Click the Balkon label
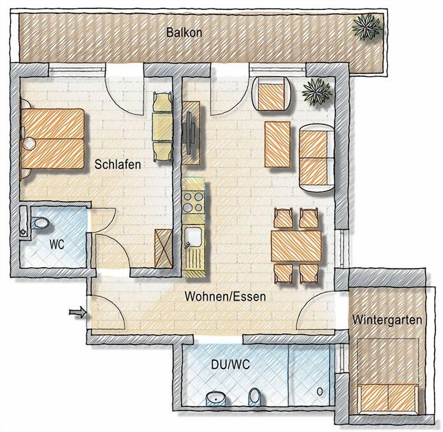pos(184,32)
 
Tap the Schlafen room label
pos(117,164)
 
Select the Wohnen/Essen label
pos(225,297)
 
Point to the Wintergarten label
pos(387,320)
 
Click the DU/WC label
pos(230,365)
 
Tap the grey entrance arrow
pos(78,312)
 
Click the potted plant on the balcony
pos(366,27)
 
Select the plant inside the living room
pos(317,93)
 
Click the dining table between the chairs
pos(296,246)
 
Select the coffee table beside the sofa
pos(277,144)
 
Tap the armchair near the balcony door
pos(272,93)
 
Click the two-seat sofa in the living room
pos(317,158)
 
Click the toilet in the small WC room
pos(41,223)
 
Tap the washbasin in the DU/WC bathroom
pos(217,399)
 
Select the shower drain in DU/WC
pos(320,391)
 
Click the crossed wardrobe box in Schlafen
pos(163,248)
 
